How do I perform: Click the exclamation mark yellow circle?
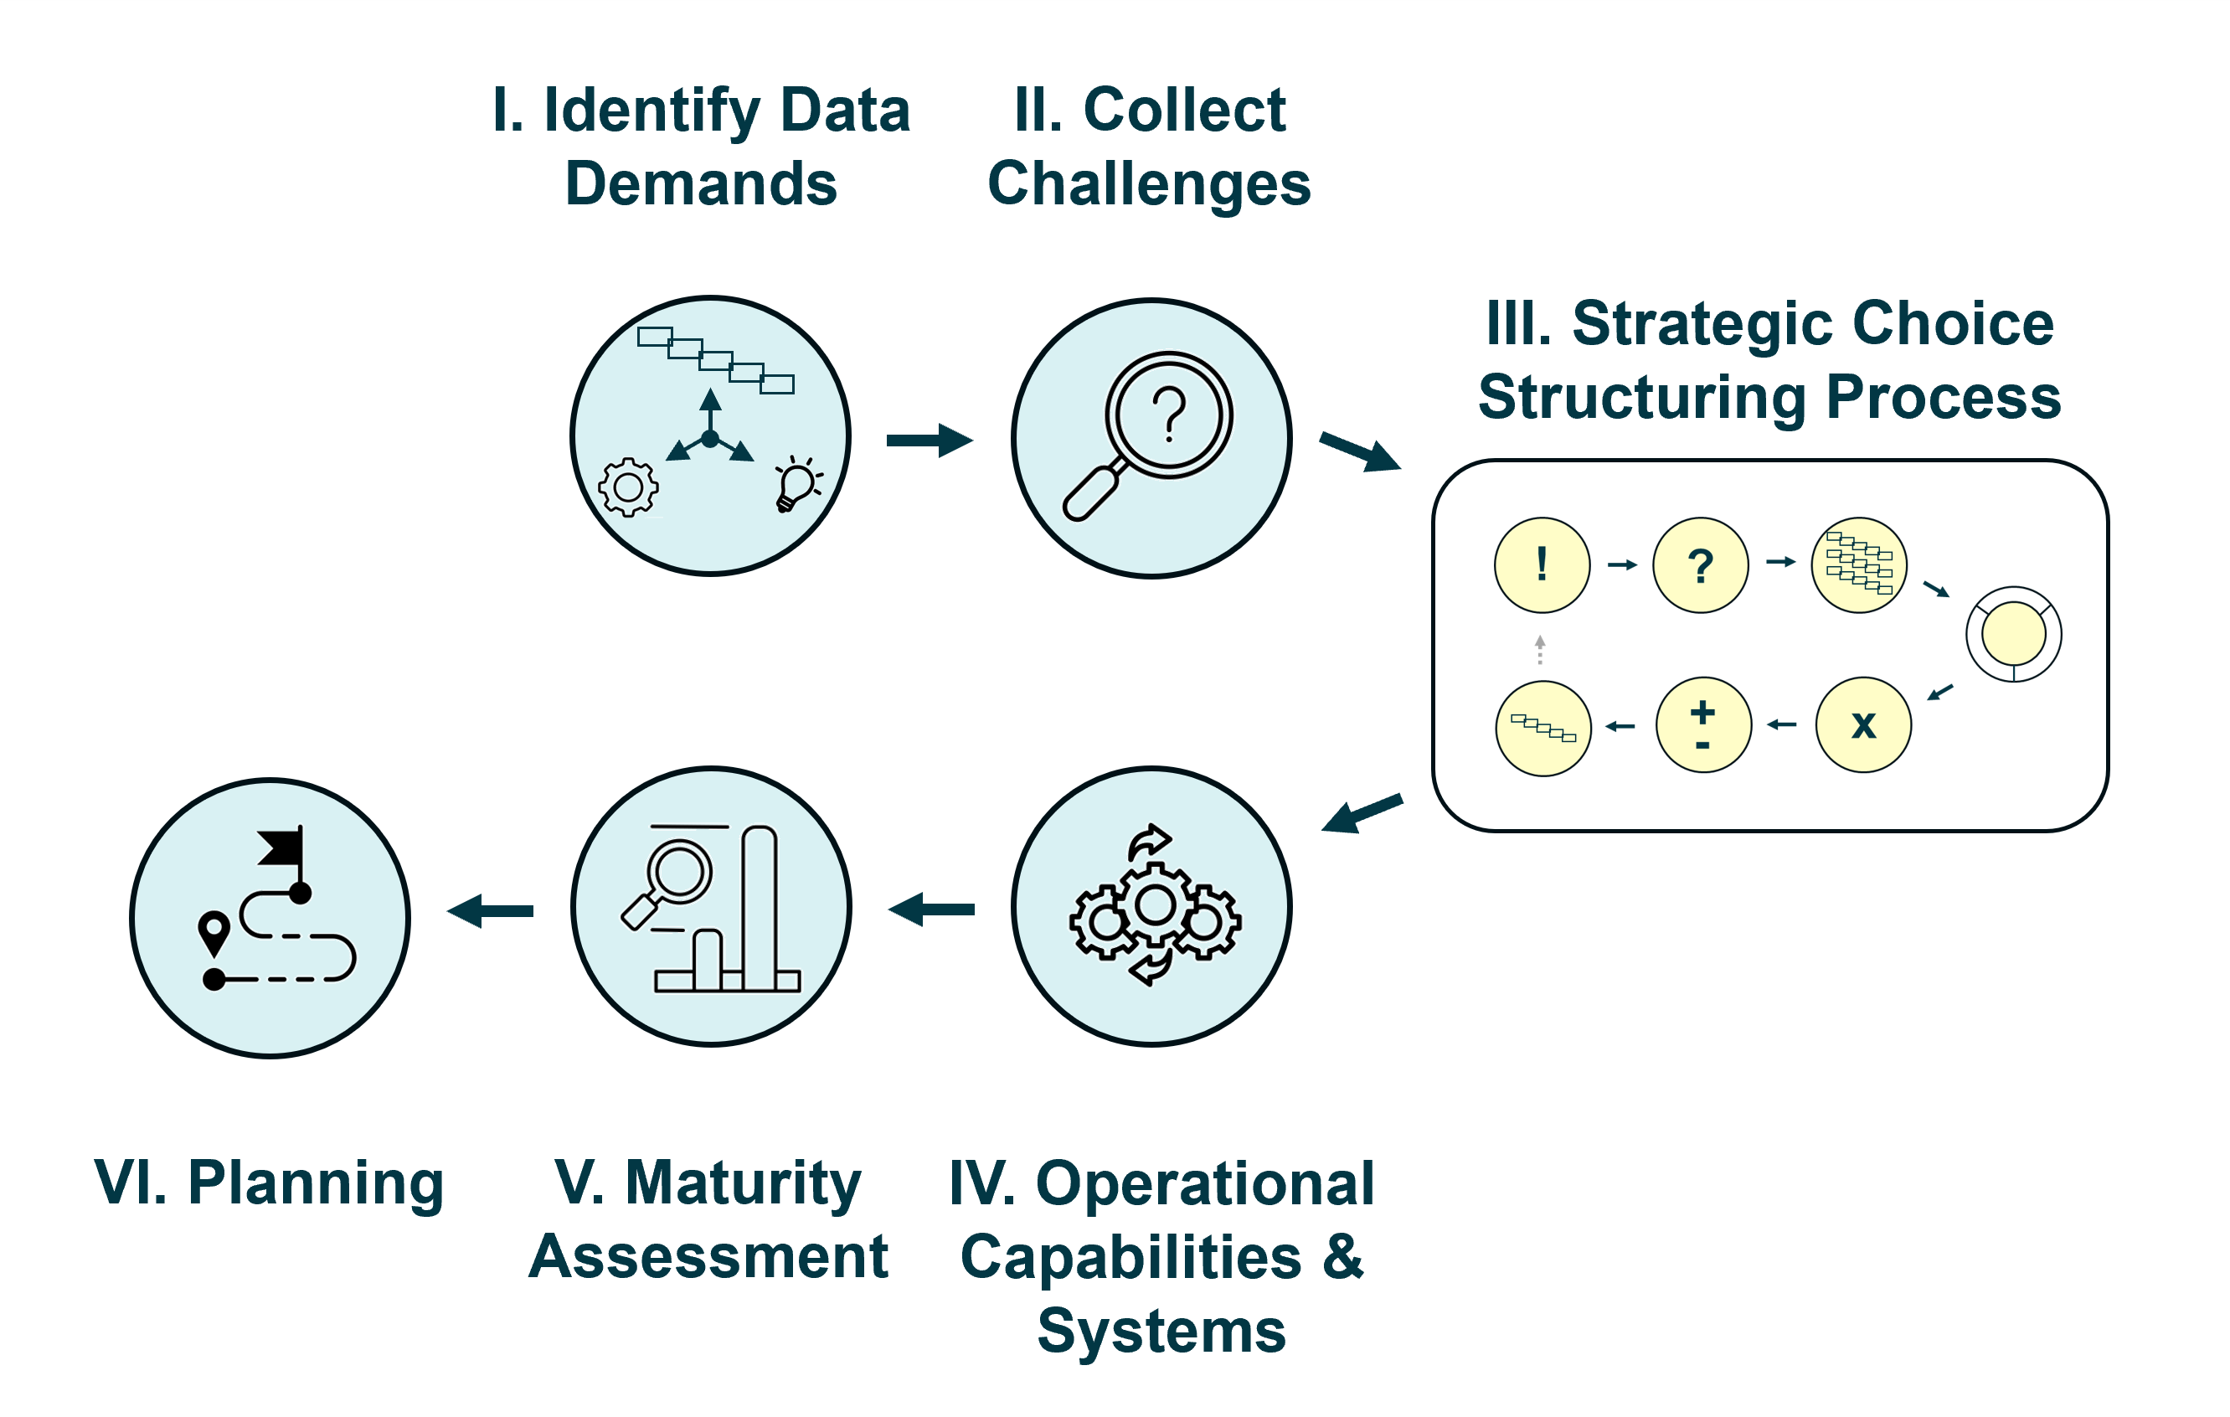(1542, 565)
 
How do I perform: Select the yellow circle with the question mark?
(1700, 565)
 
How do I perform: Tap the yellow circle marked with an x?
(1863, 725)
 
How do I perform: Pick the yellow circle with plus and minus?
(1703, 725)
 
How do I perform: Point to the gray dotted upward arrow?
(1540, 649)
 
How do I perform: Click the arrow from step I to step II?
(929, 440)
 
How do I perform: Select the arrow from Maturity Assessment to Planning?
(490, 911)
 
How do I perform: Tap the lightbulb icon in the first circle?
(796, 482)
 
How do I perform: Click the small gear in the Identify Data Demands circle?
(629, 487)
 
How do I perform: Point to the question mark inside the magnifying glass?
(1170, 413)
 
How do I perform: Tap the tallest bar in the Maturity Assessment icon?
(760, 908)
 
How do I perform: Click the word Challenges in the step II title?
(1149, 183)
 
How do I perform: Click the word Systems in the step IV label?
(1161, 1331)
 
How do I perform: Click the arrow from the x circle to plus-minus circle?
(1782, 724)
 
